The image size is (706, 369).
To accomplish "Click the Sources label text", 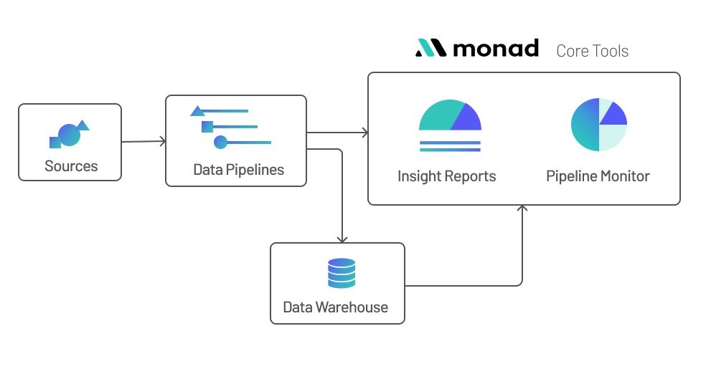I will pos(70,166).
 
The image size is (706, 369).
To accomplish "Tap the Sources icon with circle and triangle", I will pos(69,134).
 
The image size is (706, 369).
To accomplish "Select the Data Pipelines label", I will pos(238,170).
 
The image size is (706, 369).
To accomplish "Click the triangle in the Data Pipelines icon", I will pos(198,111).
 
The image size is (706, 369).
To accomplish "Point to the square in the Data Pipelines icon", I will pos(207,127).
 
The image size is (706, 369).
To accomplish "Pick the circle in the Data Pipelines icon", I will pos(220,143).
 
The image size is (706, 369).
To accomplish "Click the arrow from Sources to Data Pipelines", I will pos(143,142).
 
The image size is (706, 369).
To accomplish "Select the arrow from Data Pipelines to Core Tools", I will pos(337,133).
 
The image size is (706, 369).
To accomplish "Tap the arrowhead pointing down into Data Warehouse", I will pos(342,239).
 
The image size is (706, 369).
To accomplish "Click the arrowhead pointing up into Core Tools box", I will pos(522,209).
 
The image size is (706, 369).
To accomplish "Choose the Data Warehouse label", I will pos(335,307).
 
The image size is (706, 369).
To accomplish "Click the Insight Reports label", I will pos(446,176).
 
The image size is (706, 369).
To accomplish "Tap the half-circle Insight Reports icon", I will pos(450,116).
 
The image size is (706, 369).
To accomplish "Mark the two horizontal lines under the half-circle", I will pos(450,146).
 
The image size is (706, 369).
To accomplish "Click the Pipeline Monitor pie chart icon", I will pos(598,125).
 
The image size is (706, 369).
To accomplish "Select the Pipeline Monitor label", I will pos(598,176).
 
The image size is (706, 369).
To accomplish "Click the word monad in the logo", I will pos(496,49).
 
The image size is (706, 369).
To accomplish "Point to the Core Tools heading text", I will pos(592,51).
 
